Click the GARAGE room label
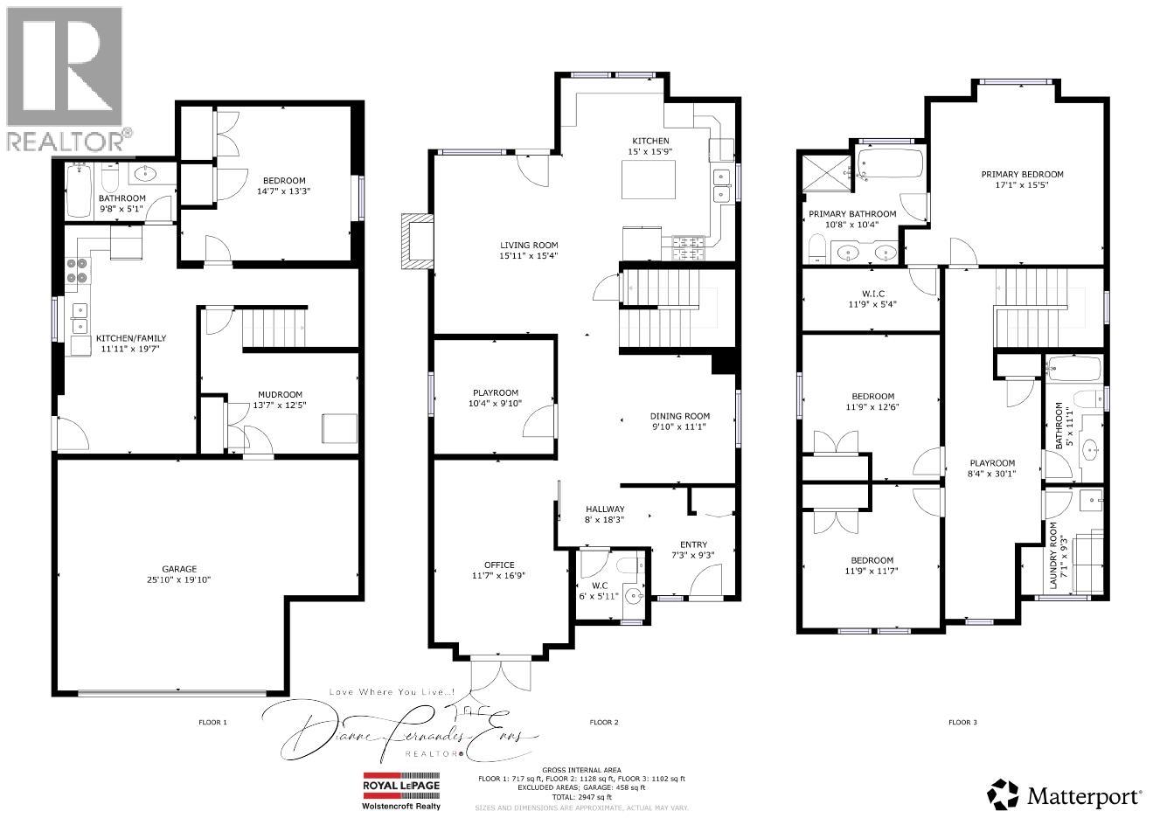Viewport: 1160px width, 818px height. click(178, 569)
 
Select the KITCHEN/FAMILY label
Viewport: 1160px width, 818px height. click(131, 338)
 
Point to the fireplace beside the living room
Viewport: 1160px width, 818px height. click(417, 241)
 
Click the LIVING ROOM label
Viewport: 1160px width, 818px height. click(529, 246)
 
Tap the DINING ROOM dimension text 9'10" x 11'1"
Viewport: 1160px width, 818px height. click(679, 426)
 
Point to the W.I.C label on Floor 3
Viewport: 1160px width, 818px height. click(871, 294)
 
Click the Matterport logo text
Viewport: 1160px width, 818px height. click(1085, 796)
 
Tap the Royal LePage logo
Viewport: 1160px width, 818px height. click(402, 786)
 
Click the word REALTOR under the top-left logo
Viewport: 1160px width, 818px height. click(65, 140)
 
